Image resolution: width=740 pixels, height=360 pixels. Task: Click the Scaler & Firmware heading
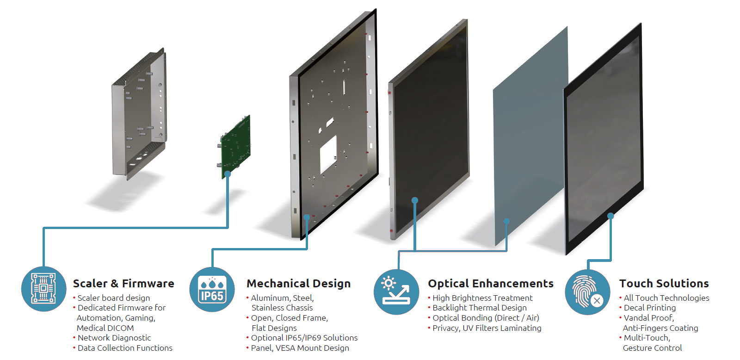pos(123,284)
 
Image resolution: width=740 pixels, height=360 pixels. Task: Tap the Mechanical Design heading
pos(299,284)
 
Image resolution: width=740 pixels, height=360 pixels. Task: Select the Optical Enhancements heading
pos(491,284)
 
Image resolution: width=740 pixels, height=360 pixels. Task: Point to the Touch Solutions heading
pos(664,284)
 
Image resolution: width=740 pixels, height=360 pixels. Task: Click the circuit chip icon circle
pos(43,289)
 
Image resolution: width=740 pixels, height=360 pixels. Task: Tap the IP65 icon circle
pos(212,290)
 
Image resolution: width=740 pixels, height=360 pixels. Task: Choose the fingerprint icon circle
pos(588,292)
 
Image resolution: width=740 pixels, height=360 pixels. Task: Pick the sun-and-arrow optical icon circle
pos(396,292)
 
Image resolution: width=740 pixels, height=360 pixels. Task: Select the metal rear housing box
pos(139,114)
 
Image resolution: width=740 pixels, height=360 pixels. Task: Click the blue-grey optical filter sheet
pos(530,136)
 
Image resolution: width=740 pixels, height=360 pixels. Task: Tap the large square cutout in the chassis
pos(328,155)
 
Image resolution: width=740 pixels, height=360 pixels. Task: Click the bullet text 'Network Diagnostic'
pos(114,338)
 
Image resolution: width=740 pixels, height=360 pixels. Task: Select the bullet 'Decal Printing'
pos(649,308)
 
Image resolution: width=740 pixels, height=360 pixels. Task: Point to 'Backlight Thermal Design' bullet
pos(479,308)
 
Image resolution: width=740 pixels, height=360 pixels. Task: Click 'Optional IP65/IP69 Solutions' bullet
pos(304,338)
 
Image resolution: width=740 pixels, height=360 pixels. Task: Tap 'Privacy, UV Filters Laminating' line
pos(487,328)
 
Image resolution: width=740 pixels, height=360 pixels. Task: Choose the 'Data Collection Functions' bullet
pos(124,348)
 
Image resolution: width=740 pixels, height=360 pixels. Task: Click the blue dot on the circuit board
pos(228,174)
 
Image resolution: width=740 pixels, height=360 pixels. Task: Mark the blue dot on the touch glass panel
pos(610,216)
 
